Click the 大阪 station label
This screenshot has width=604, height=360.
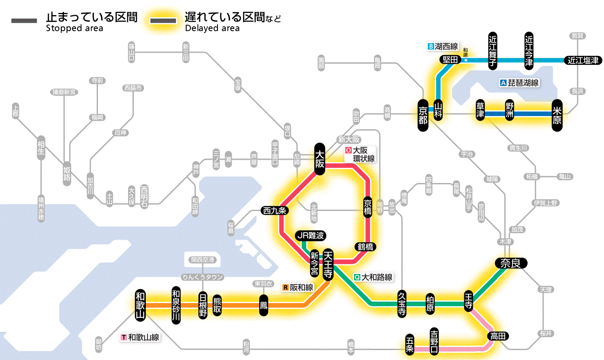click(x=320, y=158)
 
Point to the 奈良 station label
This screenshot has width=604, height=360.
click(x=510, y=263)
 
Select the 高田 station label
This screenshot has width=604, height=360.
click(x=498, y=336)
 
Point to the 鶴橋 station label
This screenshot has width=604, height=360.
click(x=365, y=247)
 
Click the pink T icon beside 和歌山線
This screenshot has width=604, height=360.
click(x=124, y=337)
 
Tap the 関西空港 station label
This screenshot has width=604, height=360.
click(x=205, y=259)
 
